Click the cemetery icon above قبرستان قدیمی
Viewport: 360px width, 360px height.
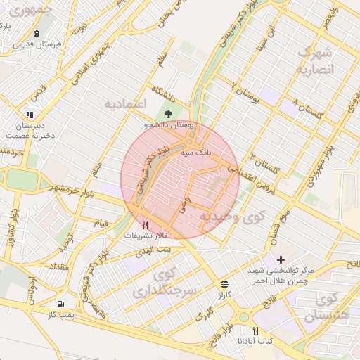tap(37, 33)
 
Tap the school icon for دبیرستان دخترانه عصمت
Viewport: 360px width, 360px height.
tap(30, 114)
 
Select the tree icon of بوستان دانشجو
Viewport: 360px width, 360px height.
tap(167, 114)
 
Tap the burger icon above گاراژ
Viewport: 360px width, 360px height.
tap(224, 284)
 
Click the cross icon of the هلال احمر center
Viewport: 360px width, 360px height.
tap(281, 259)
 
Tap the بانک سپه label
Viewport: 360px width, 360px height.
tap(196, 152)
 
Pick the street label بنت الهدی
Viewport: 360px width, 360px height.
tap(153, 250)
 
